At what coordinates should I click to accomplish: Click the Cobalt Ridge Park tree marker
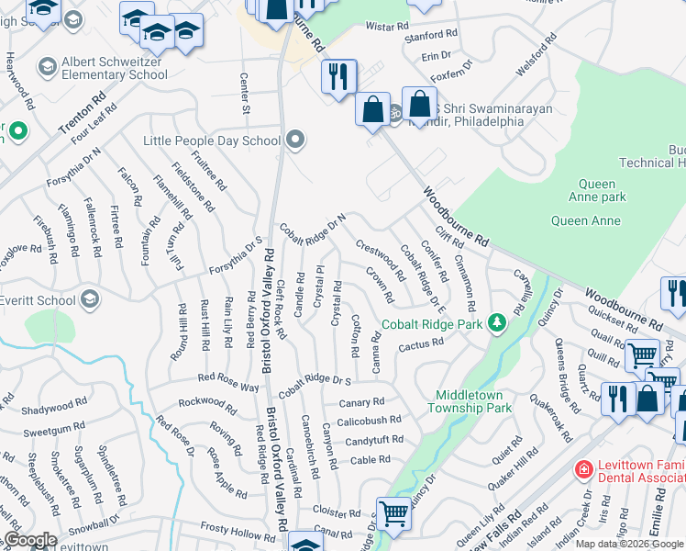tap(497, 322)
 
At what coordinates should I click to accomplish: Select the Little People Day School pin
tap(295, 141)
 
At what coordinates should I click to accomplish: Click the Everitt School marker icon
tap(90, 299)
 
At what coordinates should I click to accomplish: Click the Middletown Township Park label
tap(473, 400)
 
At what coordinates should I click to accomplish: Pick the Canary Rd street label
tap(361, 402)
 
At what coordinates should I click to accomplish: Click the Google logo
tap(29, 540)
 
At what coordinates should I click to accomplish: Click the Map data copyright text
tap(629, 543)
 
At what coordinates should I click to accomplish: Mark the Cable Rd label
tap(371, 460)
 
